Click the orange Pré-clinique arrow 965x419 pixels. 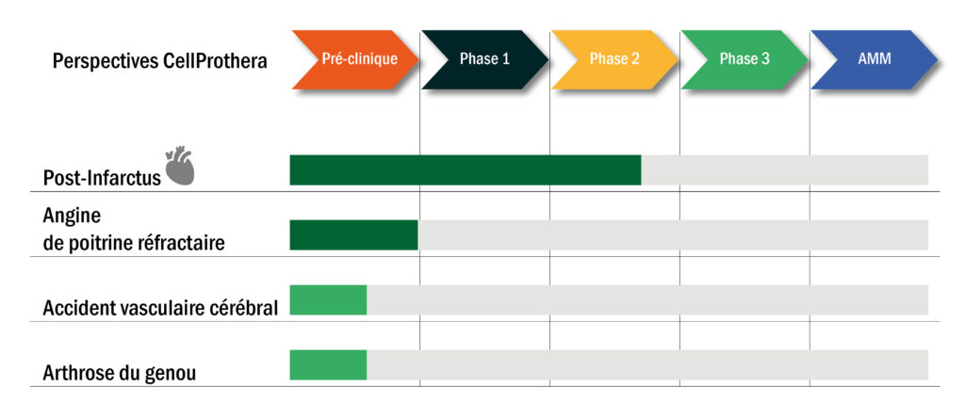coord(355,59)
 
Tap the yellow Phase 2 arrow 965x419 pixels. coord(614,59)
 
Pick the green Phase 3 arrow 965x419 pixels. coord(744,59)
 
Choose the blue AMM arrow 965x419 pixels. coord(875,59)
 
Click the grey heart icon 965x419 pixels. coord(180,166)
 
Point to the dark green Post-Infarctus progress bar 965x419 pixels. coord(466,169)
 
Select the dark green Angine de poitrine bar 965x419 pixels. coord(354,235)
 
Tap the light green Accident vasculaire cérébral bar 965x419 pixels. coord(328,300)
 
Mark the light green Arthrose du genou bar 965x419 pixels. coord(328,364)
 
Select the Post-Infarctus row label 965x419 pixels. coord(102,178)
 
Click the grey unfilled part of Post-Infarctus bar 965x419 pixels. coord(785,169)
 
